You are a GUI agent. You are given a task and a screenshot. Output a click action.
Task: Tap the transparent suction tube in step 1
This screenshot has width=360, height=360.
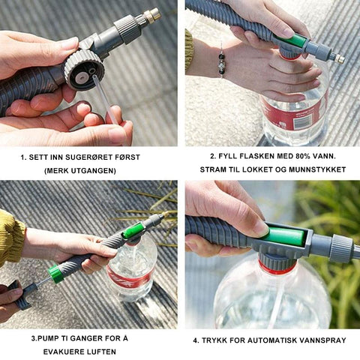(104, 99)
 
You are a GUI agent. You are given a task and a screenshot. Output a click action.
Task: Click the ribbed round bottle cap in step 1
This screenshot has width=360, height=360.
(84, 69)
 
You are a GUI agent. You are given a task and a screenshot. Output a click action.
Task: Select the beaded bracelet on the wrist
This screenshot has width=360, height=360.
(222, 61)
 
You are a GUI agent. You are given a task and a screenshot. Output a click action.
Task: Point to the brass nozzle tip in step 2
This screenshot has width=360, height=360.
(340, 59)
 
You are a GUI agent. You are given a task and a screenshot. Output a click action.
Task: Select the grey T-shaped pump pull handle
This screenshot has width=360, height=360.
(22, 295)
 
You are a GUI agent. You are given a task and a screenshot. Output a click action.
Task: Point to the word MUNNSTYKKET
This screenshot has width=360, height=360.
(317, 169)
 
